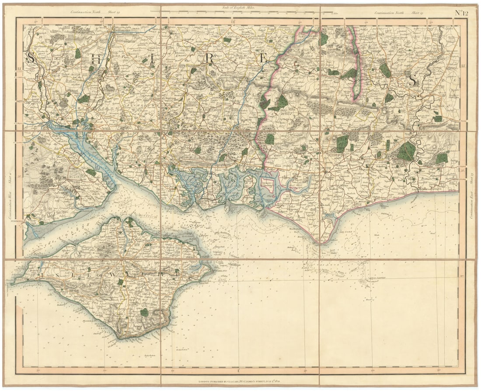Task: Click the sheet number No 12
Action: click(x=461, y=12)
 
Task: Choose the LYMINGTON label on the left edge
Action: click(x=16, y=221)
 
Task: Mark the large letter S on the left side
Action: click(x=31, y=57)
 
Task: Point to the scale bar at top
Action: click(x=238, y=12)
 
